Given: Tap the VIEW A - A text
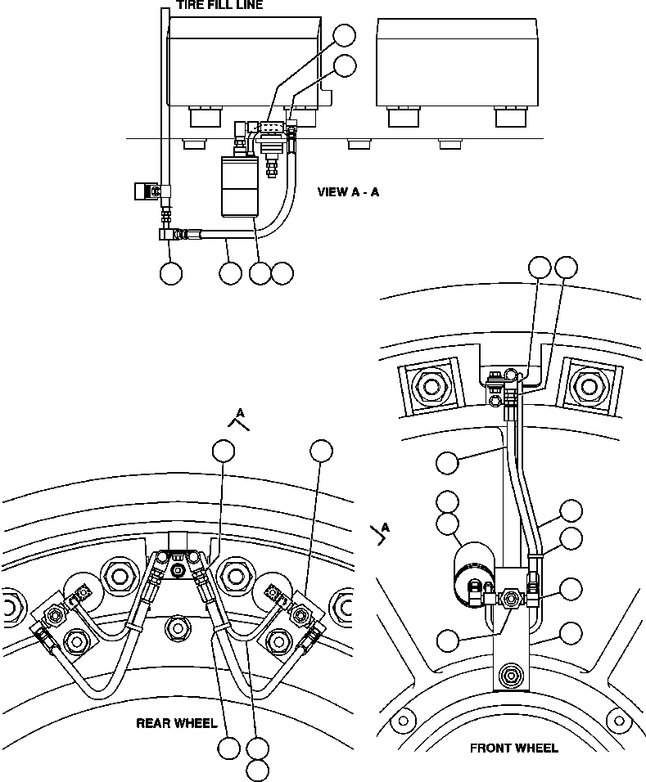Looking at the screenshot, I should click(x=348, y=192).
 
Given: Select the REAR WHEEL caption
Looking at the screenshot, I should click(x=176, y=723).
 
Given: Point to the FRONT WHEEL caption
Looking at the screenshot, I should click(x=514, y=748).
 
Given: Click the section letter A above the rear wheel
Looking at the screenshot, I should click(x=240, y=413).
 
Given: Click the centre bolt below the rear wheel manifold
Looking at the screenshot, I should click(x=175, y=628).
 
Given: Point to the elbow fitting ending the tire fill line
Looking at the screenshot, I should click(x=169, y=235).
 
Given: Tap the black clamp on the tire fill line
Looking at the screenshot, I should click(x=144, y=191).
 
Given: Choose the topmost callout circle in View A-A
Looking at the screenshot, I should click(x=346, y=34).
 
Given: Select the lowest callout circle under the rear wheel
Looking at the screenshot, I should click(x=258, y=770).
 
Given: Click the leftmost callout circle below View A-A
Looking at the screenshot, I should click(x=170, y=273).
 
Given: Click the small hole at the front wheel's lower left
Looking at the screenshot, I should click(x=402, y=720).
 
